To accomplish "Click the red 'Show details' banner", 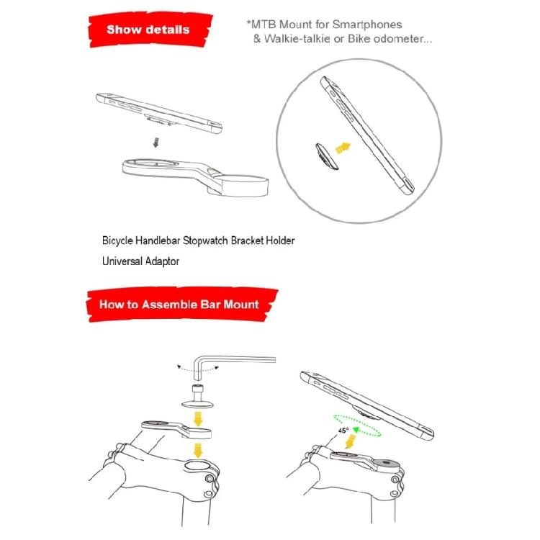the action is pyautogui.click(x=150, y=30).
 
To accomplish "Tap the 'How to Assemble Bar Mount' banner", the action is pyautogui.click(x=181, y=305).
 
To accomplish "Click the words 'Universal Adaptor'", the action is pyautogui.click(x=140, y=261).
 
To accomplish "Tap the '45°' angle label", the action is pyautogui.click(x=343, y=431).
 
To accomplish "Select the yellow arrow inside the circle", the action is pyautogui.click(x=343, y=148).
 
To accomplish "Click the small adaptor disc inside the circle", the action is pyautogui.click(x=326, y=157).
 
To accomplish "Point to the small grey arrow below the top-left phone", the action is pyautogui.click(x=156, y=142).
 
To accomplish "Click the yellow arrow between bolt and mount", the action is pyautogui.click(x=198, y=418).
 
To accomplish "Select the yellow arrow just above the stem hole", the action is pyautogui.click(x=198, y=450).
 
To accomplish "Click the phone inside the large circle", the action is pyautogui.click(x=367, y=135).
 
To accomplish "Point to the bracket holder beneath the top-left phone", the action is pyautogui.click(x=195, y=177).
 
